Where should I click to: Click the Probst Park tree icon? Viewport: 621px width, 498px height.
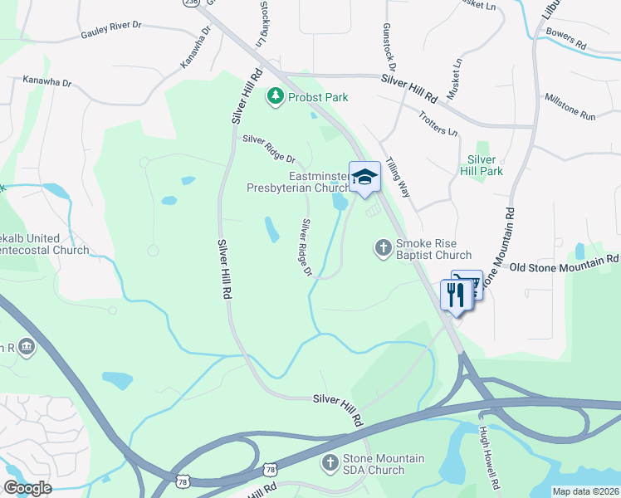coord(275,97)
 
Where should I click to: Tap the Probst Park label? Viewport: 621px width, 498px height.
coord(318,97)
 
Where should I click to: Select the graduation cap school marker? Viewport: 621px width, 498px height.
coord(364,177)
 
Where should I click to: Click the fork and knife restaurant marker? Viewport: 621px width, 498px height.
coord(453,293)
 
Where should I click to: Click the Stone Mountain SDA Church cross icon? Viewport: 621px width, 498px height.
coord(330,462)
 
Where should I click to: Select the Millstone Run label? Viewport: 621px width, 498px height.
coord(570,107)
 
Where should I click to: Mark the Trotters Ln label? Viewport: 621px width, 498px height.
coord(438,124)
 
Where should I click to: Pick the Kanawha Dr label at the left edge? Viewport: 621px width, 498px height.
coord(48,83)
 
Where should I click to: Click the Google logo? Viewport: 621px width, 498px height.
coord(27,488)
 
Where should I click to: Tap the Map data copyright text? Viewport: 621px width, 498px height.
coord(585,491)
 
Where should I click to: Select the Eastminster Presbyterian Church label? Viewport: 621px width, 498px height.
coord(298,182)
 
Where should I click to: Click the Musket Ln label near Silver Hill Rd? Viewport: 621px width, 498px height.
coord(454,80)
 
